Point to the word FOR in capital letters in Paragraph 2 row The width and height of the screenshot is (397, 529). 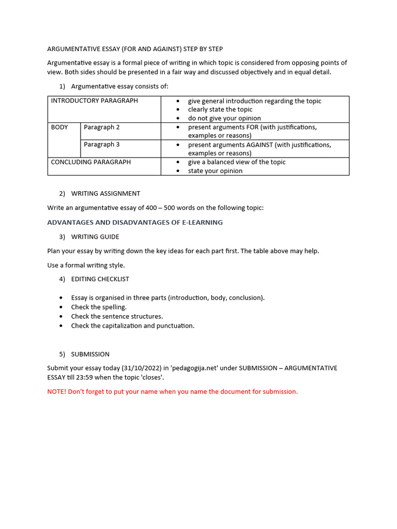tap(252, 127)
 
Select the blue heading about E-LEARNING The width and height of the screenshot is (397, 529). tap(135, 222)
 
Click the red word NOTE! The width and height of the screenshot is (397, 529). tap(56, 392)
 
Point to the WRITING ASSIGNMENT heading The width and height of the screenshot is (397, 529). tap(105, 194)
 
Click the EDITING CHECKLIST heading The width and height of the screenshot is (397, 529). tap(100, 279)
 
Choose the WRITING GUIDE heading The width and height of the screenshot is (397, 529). tap(95, 237)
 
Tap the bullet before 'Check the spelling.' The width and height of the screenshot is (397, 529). tap(61, 307)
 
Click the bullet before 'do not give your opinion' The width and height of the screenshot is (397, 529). tap(178, 118)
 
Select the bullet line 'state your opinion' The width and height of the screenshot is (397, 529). tap(215, 171)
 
